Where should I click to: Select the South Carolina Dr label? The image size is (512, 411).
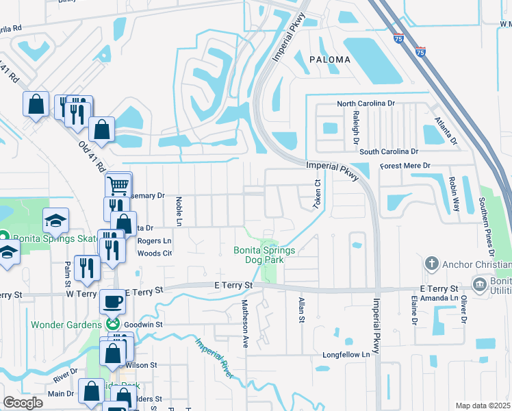coord(389,151)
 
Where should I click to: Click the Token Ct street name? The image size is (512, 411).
coord(318,195)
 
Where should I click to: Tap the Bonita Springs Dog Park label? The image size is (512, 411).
coord(264,256)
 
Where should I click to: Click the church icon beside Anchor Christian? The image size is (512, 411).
coord(431,264)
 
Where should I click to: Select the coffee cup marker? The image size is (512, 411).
coord(113,301)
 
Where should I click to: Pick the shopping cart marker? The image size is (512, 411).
coord(118,184)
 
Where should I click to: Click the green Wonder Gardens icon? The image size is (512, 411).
coord(113,323)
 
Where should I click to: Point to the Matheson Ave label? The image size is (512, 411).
coord(244,323)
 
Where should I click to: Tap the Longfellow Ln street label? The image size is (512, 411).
coord(346,354)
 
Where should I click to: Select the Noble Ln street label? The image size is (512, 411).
coord(179,212)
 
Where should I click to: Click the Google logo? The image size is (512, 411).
coord(23,403)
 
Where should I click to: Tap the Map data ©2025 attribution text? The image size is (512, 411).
coord(483,406)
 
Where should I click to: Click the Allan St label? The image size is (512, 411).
coord(300,310)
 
